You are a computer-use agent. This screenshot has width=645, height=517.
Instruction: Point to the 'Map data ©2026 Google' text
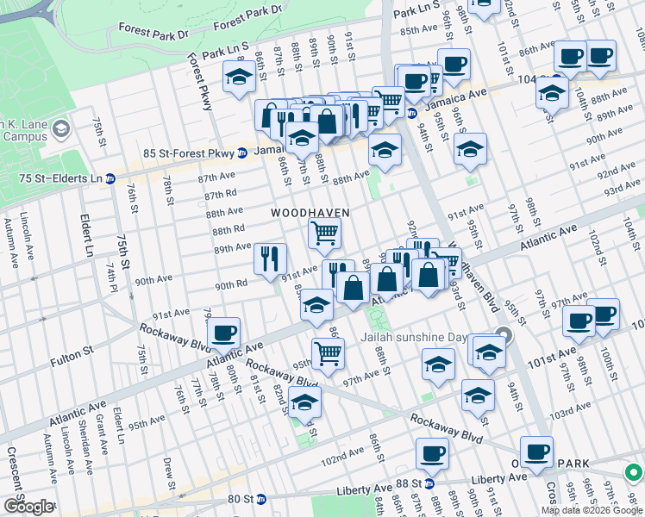coord(592,510)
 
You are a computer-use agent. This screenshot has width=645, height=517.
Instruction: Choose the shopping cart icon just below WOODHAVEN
coord(324,232)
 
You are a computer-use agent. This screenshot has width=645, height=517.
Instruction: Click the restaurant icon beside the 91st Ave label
coord(270,258)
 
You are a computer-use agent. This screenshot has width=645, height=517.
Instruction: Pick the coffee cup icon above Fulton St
coord(223,333)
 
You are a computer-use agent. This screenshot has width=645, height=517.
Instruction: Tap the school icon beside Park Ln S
coord(239,78)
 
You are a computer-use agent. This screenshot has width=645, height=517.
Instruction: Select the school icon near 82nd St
coord(304,402)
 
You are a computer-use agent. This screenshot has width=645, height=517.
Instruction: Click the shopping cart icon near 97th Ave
coord(328,352)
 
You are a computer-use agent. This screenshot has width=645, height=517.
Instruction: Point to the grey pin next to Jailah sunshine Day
coord(504,335)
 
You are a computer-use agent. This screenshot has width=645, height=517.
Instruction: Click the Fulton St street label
coord(75,353)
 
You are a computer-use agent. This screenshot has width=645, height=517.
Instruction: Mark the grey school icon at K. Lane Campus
coord(60,128)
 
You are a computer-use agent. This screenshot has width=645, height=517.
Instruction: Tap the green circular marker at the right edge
coord(633,472)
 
